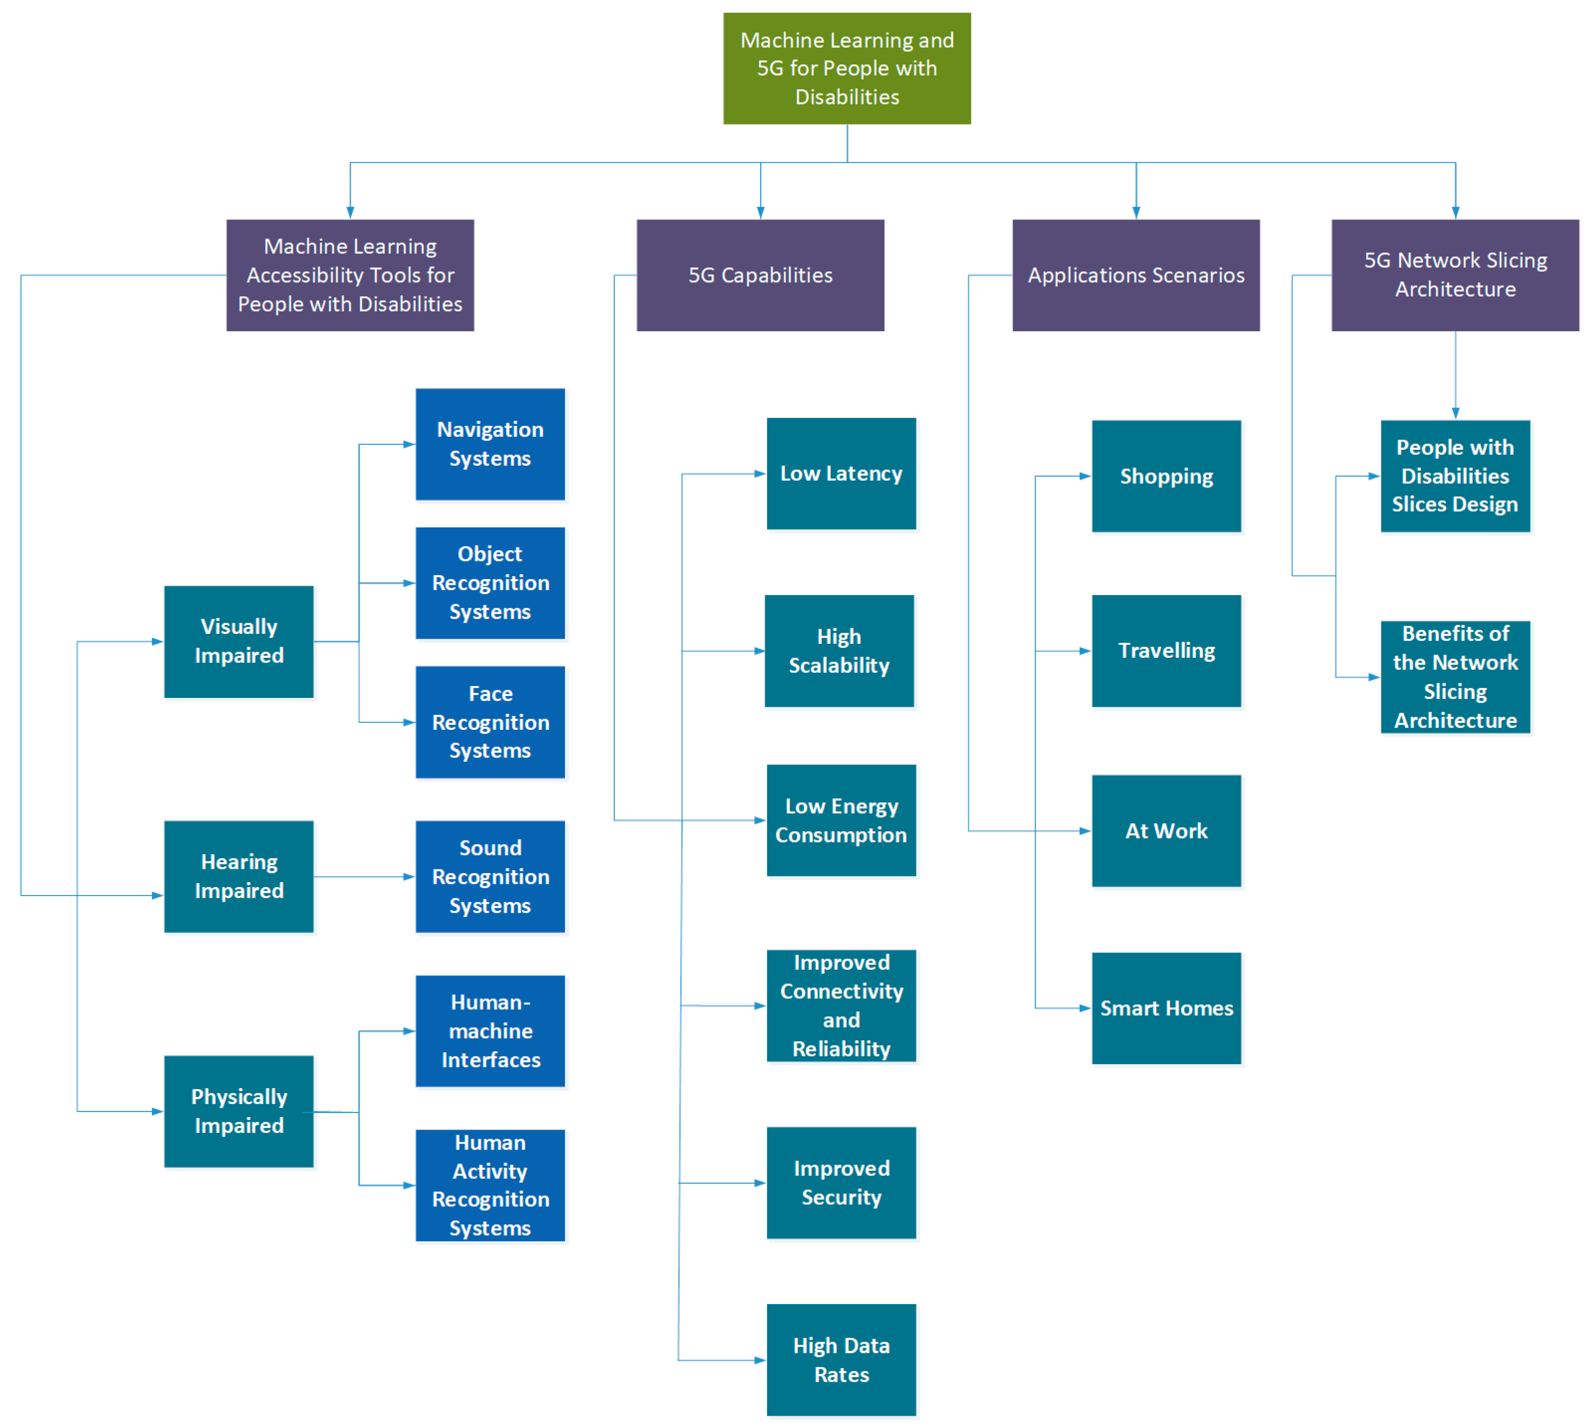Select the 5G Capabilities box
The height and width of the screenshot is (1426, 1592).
tap(760, 275)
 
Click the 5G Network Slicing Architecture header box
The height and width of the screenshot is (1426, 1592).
tap(1455, 275)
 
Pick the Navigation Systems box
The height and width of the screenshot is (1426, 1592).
tap(489, 444)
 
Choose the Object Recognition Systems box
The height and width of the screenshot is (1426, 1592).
tap(489, 583)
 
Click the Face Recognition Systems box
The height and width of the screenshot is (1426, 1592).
tap(489, 722)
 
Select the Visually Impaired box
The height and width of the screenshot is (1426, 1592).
tap(239, 641)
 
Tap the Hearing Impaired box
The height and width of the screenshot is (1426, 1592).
tap(239, 876)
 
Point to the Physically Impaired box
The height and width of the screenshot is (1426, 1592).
tap(239, 1111)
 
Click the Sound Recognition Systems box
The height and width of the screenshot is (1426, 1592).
tap(489, 876)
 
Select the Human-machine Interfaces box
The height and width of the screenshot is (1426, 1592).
tap(489, 1030)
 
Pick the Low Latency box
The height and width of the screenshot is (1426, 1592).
tap(841, 473)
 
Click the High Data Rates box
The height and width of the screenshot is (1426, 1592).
tap(841, 1359)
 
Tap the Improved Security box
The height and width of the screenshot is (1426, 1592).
tap(841, 1182)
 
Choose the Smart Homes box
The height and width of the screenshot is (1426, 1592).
tap(1166, 1008)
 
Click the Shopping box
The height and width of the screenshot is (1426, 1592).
tap(1166, 476)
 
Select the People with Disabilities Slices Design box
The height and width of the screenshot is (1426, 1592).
tap(1455, 476)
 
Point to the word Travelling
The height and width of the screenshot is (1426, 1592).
tap(1166, 650)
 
